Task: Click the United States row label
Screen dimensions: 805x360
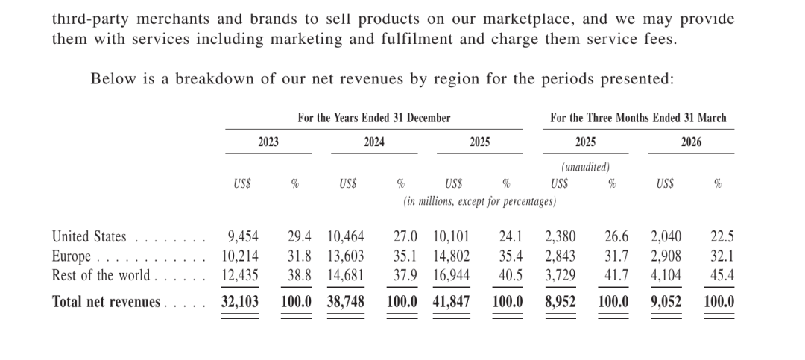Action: [89, 237]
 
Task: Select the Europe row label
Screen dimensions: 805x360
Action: [72, 256]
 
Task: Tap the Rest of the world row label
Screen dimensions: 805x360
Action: [101, 276]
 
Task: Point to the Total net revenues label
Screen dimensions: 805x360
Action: [107, 302]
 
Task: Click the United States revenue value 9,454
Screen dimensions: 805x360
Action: [243, 237]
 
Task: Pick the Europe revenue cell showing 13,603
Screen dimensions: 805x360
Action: [346, 256]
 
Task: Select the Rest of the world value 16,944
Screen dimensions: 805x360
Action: [451, 276]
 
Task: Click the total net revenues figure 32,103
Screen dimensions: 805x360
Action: [240, 302]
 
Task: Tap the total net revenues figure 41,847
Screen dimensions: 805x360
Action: [451, 302]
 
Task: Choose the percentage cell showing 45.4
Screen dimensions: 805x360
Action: [722, 276]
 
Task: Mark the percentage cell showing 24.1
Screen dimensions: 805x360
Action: [511, 237]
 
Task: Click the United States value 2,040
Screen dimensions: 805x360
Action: [666, 237]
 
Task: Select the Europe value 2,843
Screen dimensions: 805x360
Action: [560, 256]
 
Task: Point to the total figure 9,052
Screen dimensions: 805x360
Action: [666, 302]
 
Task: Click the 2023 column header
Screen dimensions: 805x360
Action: [268, 142]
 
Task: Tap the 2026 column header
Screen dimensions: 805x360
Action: [691, 142]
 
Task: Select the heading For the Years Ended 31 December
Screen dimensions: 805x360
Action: [373, 118]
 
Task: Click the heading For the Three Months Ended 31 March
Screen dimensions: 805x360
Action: [638, 118]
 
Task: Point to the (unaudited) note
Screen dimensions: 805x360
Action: [585, 168]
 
